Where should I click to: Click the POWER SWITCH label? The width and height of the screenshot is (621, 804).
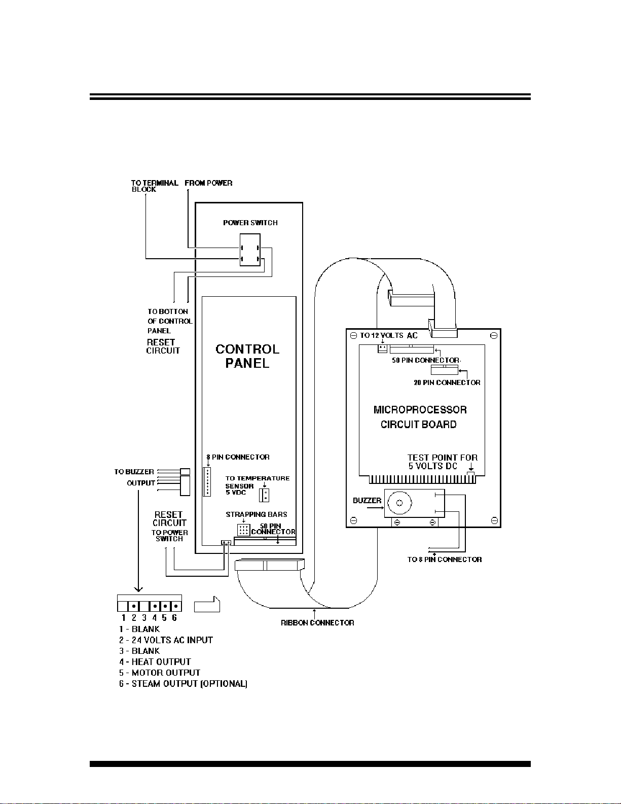(x=250, y=223)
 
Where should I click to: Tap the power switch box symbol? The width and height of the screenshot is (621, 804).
(x=250, y=250)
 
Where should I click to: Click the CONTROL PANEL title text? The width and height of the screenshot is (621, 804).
(x=247, y=356)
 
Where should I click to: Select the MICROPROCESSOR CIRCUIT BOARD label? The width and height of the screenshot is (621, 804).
(x=420, y=417)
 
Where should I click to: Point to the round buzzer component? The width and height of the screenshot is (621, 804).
(x=399, y=503)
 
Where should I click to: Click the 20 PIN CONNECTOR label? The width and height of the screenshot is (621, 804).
(x=447, y=382)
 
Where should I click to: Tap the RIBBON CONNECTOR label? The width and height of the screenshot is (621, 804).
(x=317, y=623)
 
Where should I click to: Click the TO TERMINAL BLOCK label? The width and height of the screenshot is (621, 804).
(x=155, y=186)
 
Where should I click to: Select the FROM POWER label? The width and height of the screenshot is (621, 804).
(x=208, y=183)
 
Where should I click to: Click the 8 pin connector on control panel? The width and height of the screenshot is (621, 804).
(x=207, y=481)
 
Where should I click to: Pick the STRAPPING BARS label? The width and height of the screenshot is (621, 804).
(x=256, y=514)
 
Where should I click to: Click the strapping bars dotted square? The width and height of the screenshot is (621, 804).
(x=244, y=530)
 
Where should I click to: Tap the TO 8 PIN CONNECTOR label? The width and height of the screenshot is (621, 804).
(x=444, y=560)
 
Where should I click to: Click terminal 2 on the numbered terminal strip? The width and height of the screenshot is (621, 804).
(x=133, y=606)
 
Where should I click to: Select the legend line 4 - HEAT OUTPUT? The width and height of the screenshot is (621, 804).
(x=155, y=661)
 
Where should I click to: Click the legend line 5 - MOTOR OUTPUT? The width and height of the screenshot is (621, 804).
(x=159, y=673)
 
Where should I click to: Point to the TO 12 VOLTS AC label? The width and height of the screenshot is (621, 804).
(x=388, y=336)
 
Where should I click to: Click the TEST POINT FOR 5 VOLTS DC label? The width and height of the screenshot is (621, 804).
(x=443, y=462)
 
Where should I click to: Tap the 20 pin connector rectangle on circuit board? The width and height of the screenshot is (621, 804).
(x=444, y=370)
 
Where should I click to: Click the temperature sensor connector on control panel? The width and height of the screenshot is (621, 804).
(x=264, y=495)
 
